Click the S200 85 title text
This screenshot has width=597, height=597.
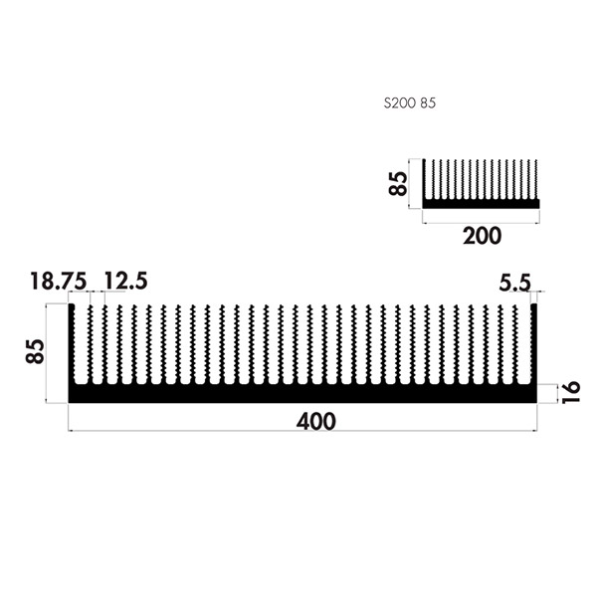[409, 103]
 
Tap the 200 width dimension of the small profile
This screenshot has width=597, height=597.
[482, 236]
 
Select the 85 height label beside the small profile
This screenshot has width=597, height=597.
[398, 183]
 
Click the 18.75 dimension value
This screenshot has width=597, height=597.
[59, 282]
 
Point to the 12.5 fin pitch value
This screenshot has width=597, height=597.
[125, 282]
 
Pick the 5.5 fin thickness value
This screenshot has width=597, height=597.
[514, 283]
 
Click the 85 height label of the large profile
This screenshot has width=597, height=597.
[35, 351]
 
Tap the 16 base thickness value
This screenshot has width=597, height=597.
[571, 392]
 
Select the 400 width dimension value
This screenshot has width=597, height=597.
[316, 422]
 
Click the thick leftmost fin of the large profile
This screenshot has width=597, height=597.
[72, 343]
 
